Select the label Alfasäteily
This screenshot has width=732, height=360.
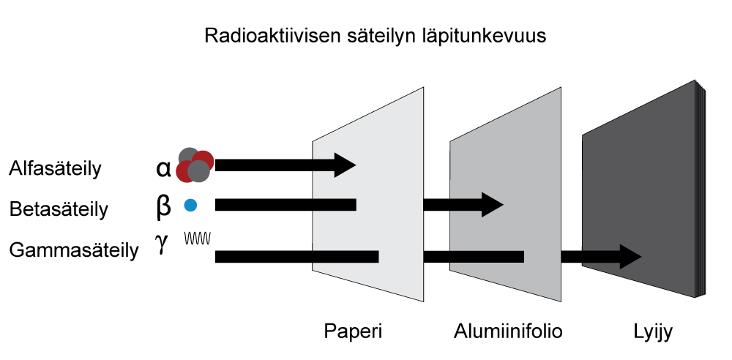pyautogui.click(x=55, y=169)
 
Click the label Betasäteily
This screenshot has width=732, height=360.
pyautogui.click(x=59, y=210)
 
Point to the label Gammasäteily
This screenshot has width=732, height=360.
pyautogui.click(x=74, y=251)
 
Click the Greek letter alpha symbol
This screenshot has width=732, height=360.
pyautogui.click(x=163, y=169)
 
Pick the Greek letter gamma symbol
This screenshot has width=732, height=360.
pyautogui.click(x=162, y=244)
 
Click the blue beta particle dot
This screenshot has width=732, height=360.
pyautogui.click(x=190, y=206)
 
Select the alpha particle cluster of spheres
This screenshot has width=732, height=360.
pyautogui.click(x=195, y=165)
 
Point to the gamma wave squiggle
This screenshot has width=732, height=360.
pyautogui.click(x=198, y=239)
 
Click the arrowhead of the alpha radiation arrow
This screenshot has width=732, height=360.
pyautogui.click(x=345, y=165)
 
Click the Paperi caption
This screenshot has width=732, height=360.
pyautogui.click(x=353, y=331)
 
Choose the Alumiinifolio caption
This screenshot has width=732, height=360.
pyautogui.click(x=508, y=331)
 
